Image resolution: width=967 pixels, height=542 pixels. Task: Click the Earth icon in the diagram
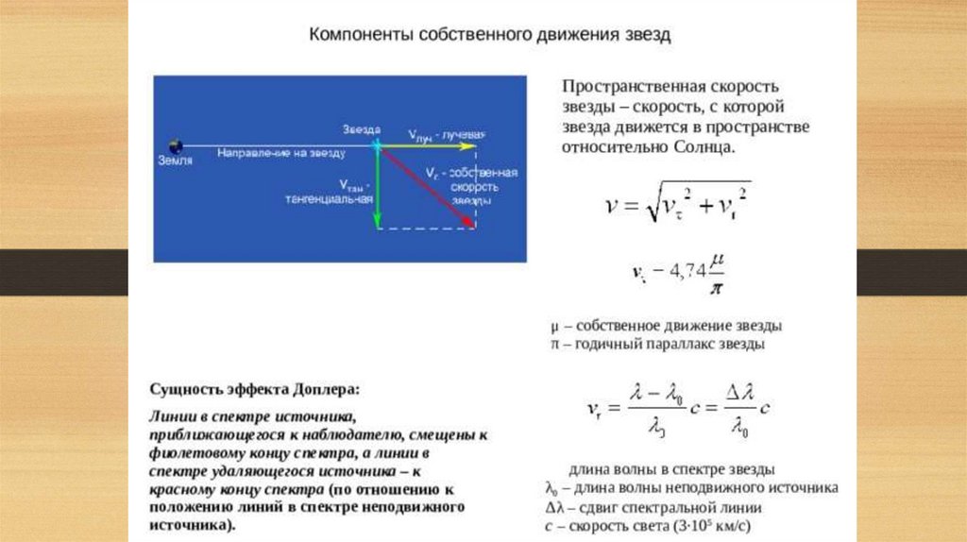175,146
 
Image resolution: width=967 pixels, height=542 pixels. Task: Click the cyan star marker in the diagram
377,146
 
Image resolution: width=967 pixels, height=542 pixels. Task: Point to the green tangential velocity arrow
377,189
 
